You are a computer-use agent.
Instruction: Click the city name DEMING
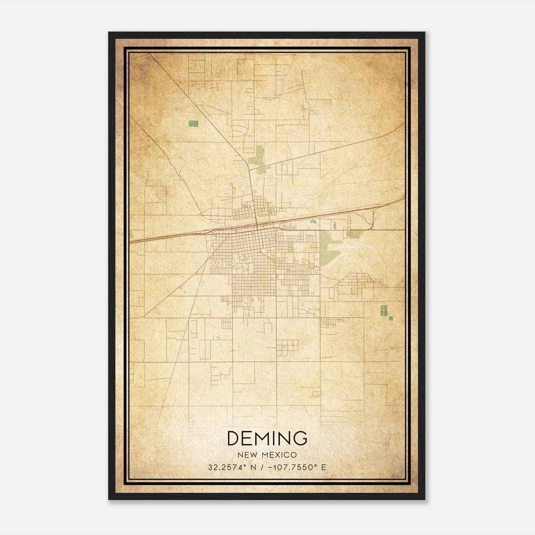(267, 438)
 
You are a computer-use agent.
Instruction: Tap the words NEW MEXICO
(267, 455)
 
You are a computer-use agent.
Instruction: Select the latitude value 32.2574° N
(232, 467)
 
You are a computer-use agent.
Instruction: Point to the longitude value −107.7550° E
(297, 467)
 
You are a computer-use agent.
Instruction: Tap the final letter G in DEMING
(300, 438)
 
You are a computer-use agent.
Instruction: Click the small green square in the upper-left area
(193, 124)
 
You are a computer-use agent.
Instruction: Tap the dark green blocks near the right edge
(384, 310)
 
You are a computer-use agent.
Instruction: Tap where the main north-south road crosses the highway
(256, 227)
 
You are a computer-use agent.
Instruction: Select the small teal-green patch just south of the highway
(313, 221)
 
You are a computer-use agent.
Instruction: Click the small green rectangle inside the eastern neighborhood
(290, 247)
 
